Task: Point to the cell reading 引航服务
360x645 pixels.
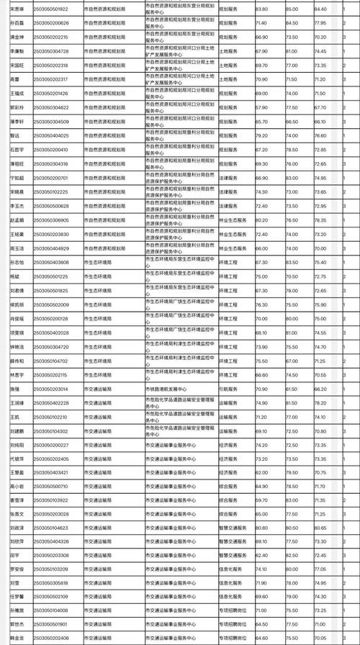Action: point(231,389)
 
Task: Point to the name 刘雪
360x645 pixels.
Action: point(14,583)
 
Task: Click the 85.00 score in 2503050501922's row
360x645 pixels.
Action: point(292,9)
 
